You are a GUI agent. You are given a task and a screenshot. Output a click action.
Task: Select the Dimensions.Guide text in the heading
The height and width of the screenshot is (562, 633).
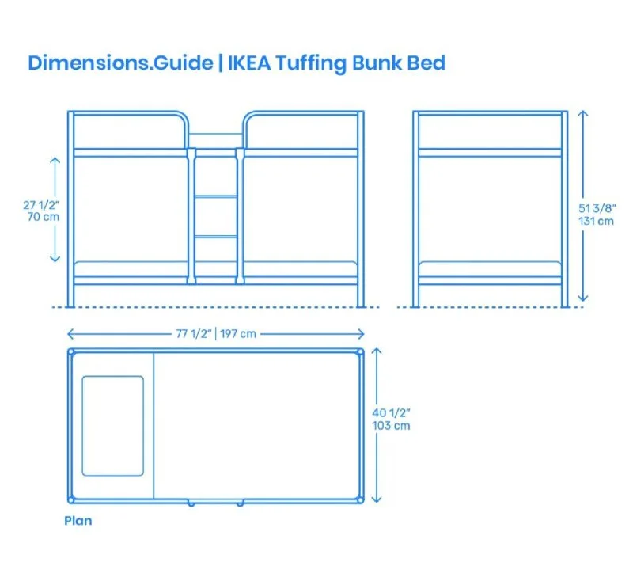119,63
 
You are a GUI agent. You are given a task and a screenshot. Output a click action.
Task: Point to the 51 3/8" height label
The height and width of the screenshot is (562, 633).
596,208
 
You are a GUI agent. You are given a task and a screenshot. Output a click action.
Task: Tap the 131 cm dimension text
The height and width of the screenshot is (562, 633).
597,221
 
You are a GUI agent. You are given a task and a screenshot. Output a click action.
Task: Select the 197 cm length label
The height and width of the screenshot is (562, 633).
237,333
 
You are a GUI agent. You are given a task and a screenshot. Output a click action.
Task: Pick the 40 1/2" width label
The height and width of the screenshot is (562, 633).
392,412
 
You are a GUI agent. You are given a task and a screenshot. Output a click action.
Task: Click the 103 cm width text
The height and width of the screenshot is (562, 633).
392,425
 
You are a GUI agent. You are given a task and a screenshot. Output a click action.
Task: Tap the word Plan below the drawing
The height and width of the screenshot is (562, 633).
78,521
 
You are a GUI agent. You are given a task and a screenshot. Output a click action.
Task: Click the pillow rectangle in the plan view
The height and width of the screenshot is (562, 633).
113,426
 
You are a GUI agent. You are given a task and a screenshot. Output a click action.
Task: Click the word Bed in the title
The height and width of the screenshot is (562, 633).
426,63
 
